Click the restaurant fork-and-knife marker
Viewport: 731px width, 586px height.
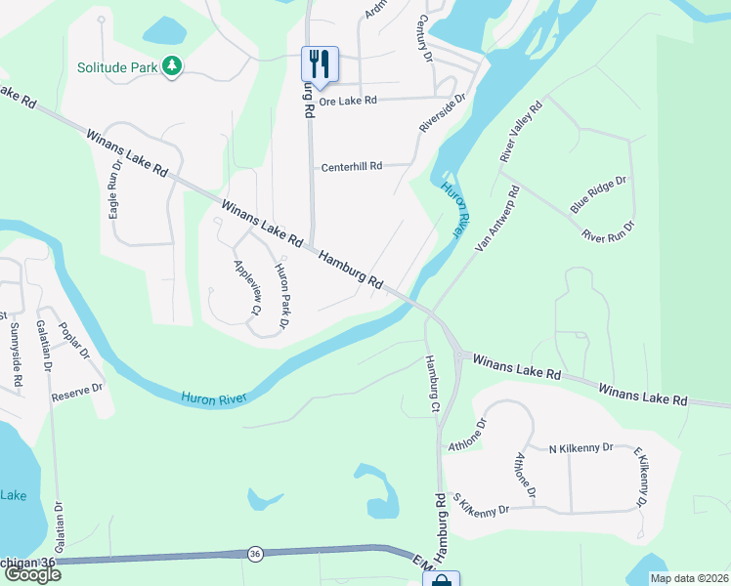[x=320, y=64]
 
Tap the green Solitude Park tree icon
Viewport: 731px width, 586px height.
[x=173, y=65]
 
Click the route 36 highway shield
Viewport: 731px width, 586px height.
[x=255, y=554]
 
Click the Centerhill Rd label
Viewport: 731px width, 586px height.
[x=352, y=167]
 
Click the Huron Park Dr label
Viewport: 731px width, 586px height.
[x=283, y=290]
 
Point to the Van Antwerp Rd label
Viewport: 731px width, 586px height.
[x=497, y=220]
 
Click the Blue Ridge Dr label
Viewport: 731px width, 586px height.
[x=598, y=195]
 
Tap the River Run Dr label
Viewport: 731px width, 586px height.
[x=608, y=231]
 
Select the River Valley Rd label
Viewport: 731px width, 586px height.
[x=521, y=133]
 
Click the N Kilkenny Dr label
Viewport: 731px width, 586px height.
[x=580, y=447]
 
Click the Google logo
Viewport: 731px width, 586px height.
[x=31, y=574]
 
